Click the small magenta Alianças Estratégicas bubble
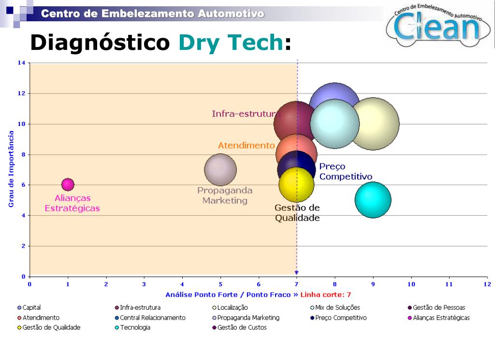pyautogui.click(x=68, y=184)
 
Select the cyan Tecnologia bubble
pyautogui.click(x=373, y=200)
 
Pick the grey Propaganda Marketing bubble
pyautogui.click(x=220, y=170)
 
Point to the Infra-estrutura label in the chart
pyautogui.click(x=246, y=114)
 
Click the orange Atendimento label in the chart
pyautogui.click(x=246, y=145)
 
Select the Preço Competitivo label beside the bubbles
pyautogui.click(x=345, y=172)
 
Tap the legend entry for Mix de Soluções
pyautogui.click(x=335, y=307)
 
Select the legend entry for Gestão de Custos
pyautogui.click(x=239, y=328)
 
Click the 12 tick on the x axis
pyautogui.click(x=487, y=284)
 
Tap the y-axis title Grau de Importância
pyautogui.click(x=11, y=168)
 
